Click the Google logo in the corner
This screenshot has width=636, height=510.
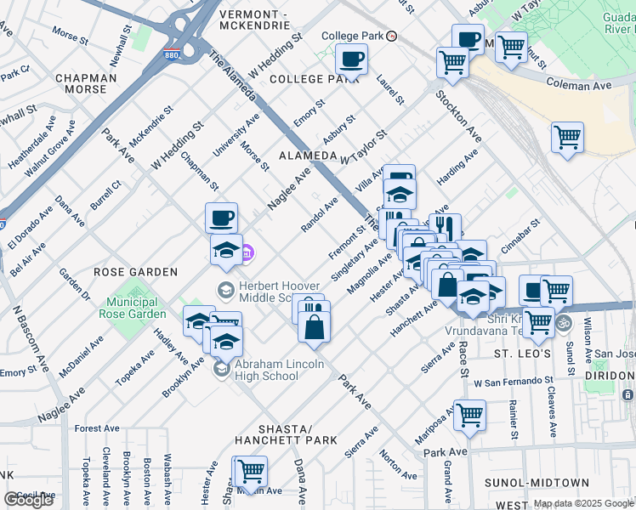(x=28, y=500)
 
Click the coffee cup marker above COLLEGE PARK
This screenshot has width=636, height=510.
(x=350, y=60)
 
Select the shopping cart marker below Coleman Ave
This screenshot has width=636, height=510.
(x=567, y=138)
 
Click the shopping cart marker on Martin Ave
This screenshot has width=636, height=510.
(x=251, y=471)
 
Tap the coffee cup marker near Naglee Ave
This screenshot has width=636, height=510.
(x=221, y=218)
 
